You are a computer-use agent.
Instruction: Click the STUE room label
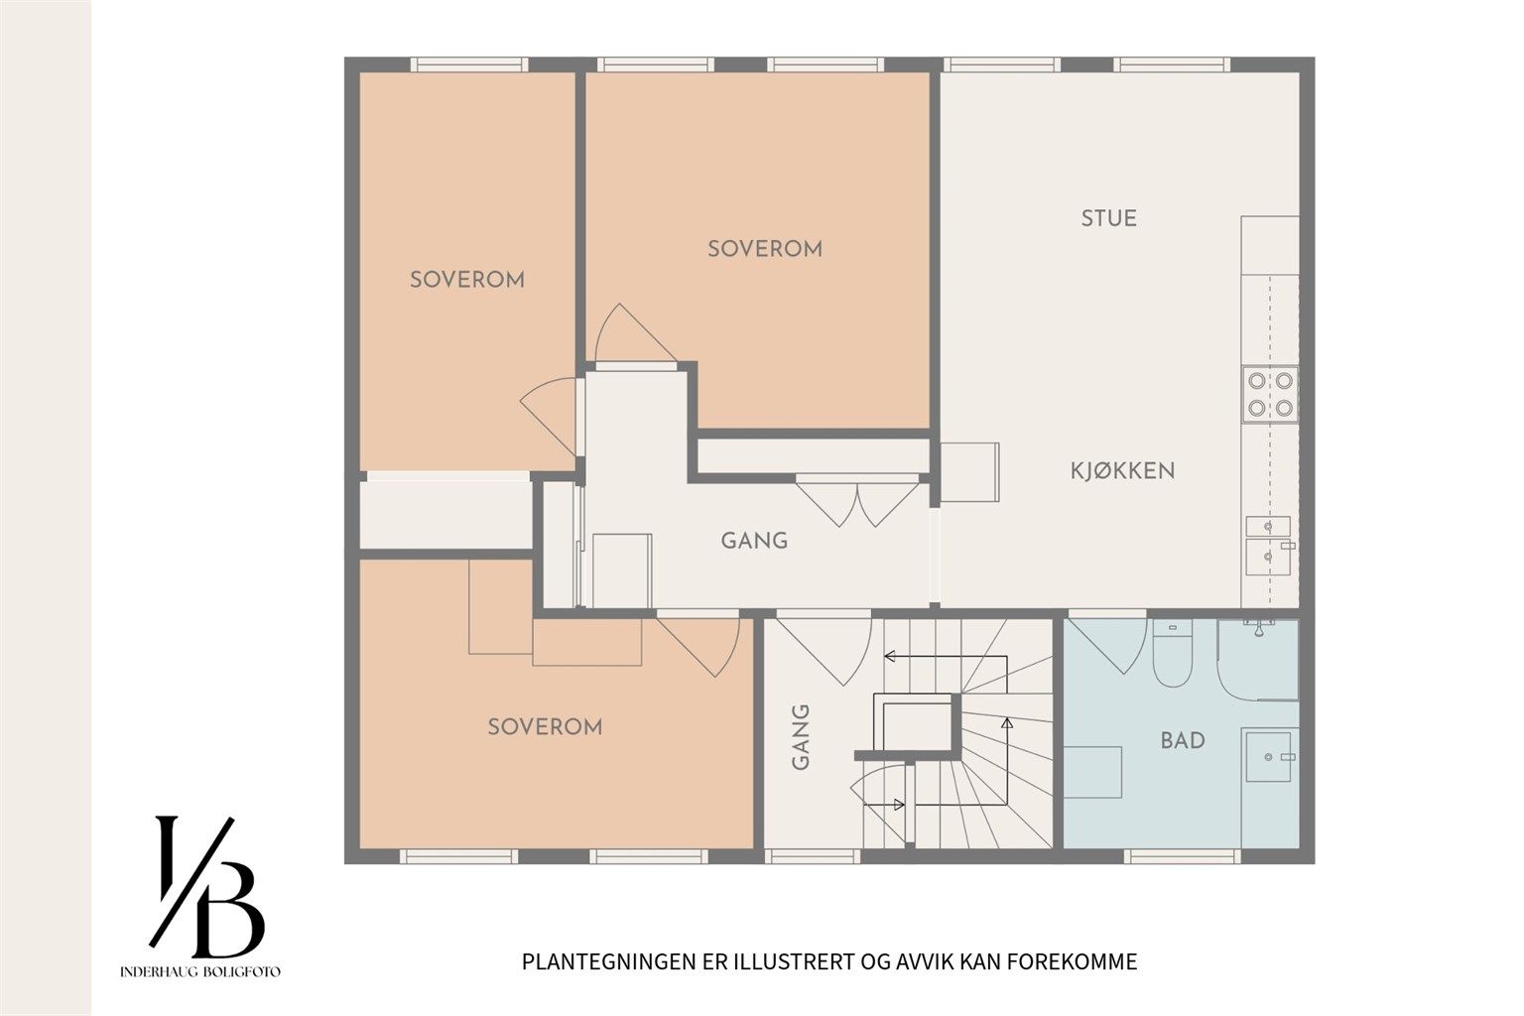1109,218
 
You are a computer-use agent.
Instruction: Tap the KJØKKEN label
1122,471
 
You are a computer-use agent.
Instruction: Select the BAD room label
1183,740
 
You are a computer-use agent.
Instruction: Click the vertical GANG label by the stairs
801,737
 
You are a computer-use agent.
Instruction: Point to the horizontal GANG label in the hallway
754,541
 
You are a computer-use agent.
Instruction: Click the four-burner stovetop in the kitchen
1270,395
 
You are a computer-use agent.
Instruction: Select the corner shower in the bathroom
1258,660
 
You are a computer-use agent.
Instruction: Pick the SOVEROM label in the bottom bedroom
545,727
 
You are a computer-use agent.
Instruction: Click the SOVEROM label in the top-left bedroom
467,281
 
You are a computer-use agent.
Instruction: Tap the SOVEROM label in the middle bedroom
765,249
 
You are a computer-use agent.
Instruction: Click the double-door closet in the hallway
858,504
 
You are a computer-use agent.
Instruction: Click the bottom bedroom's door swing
699,647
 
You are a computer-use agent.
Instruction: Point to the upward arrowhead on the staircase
1007,722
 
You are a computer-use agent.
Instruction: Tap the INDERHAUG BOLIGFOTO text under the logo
200,972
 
